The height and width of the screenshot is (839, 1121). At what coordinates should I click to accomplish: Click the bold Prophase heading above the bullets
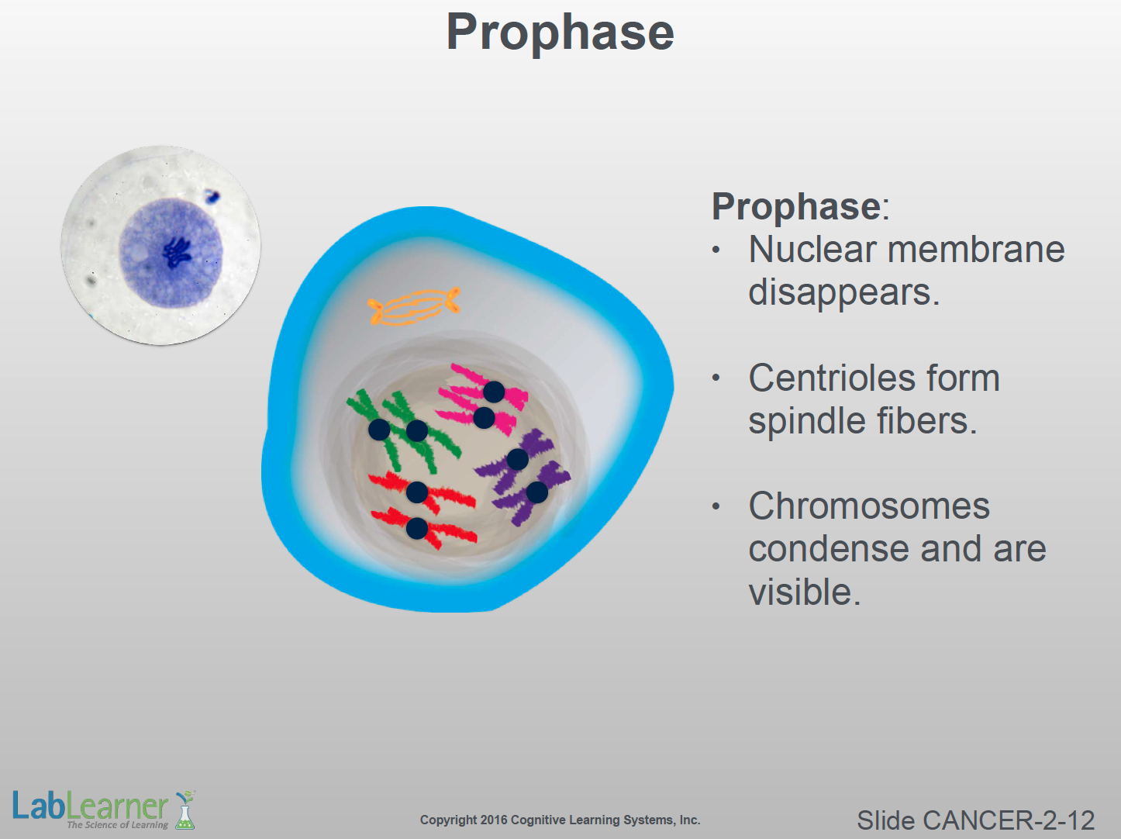pyautogui.click(x=796, y=207)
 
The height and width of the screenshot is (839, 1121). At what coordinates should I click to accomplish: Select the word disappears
pyautogui.click(x=843, y=292)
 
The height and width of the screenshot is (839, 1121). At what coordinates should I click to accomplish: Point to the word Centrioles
pyautogui.click(x=874, y=378)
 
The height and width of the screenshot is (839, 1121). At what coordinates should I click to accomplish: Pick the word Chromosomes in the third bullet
pyautogui.click(x=869, y=506)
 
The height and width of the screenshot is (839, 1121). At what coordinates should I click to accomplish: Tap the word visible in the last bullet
pyautogui.click(x=805, y=592)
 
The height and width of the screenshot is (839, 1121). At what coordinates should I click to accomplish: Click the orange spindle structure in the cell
pyautogui.click(x=414, y=306)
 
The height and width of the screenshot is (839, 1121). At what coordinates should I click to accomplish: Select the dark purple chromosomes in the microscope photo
pyautogui.click(x=177, y=253)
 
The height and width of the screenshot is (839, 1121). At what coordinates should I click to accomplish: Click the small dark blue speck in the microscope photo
pyautogui.click(x=212, y=196)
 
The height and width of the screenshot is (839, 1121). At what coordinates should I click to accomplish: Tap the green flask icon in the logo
pyautogui.click(x=185, y=810)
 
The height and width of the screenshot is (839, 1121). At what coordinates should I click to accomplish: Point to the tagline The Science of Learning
pyautogui.click(x=118, y=825)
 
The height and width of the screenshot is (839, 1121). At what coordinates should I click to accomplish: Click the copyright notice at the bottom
pyautogui.click(x=560, y=820)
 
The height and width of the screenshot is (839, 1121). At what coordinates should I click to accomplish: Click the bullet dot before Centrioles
pyautogui.click(x=716, y=378)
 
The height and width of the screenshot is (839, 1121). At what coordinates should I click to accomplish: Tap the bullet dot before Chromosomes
pyautogui.click(x=716, y=506)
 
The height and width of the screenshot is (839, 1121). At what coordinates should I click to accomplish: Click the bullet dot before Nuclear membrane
pyautogui.click(x=716, y=250)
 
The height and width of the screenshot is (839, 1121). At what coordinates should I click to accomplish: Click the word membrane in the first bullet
pyautogui.click(x=976, y=250)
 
